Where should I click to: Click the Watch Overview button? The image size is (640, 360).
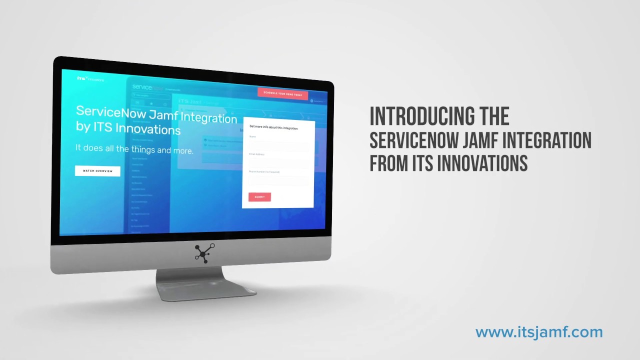click(x=97, y=171)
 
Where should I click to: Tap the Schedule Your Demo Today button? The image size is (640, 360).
click(x=282, y=93)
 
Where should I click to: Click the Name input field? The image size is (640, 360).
click(x=278, y=145)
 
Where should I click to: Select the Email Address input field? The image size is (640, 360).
click(x=278, y=163)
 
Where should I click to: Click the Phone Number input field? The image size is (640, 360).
click(x=278, y=180)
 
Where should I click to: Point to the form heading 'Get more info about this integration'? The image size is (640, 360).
click(x=273, y=128)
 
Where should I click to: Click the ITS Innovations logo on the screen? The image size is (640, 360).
click(x=90, y=78)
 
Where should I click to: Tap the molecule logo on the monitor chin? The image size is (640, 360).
click(x=204, y=253)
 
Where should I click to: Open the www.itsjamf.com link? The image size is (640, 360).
click(x=539, y=332)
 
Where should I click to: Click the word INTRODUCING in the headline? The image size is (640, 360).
click(x=417, y=117)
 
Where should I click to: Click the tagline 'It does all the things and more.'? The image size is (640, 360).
click(x=134, y=148)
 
